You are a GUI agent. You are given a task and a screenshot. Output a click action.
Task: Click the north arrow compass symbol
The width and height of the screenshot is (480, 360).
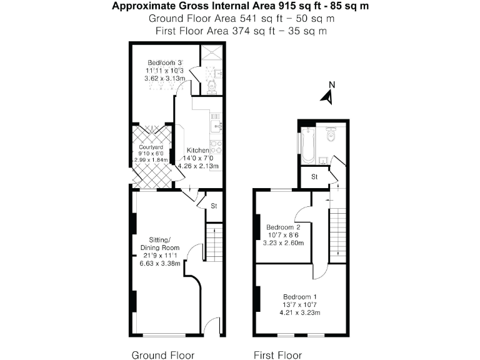(327, 94)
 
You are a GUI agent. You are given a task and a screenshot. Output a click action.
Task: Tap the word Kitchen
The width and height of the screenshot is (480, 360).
(198, 151)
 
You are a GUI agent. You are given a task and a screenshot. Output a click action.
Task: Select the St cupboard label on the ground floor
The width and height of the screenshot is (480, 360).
(213, 205)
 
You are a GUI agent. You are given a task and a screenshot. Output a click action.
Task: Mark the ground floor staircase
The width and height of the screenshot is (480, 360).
(214, 241)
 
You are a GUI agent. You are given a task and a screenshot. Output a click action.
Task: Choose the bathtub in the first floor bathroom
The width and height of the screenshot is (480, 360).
(307, 145)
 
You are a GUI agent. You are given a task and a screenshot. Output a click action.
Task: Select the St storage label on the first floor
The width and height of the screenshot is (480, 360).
(316, 177)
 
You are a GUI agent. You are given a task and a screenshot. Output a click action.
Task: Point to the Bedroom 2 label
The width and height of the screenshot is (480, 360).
(283, 227)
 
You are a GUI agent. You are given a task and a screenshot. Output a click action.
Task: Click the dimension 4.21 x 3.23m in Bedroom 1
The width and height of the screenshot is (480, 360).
(300, 312)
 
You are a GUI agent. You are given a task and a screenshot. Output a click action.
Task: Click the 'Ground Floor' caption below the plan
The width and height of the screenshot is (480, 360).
(158, 355)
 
